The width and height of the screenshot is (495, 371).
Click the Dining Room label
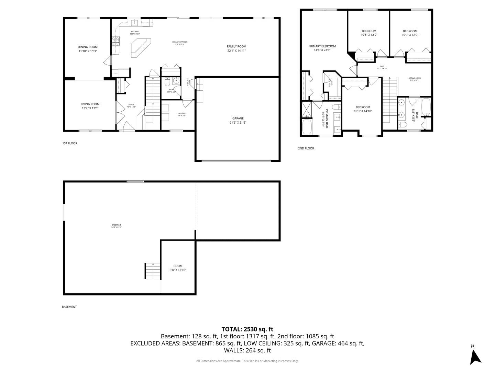pos(87,47)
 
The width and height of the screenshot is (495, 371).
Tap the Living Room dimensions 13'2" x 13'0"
pos(90,108)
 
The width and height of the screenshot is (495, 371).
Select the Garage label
pos(238,118)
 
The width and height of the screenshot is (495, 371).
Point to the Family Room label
pos(236,46)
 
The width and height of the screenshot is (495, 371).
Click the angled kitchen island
pos(140,47)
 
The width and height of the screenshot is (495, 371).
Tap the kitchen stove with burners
pos(115,41)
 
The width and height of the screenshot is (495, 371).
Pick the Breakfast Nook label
pos(180,42)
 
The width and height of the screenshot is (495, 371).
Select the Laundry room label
pos(181,113)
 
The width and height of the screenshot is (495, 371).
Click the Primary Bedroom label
pos(322,46)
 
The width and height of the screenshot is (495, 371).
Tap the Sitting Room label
pos(415,78)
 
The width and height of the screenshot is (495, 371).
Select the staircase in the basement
pos(152,271)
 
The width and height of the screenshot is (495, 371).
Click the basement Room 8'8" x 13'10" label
pos(178,266)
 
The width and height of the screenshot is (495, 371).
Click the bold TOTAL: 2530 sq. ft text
pos(247,329)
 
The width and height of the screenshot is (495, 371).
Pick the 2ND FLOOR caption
pos(306,148)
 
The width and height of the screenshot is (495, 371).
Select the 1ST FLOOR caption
pos(70,143)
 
